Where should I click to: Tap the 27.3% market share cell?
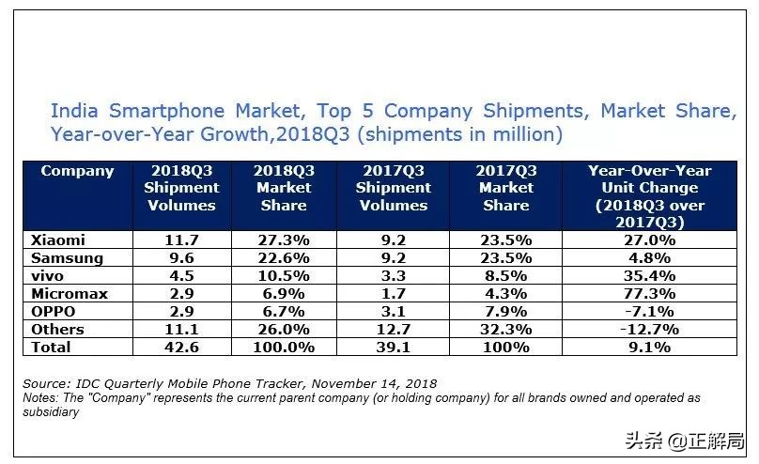[x=284, y=240]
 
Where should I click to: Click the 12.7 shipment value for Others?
[x=394, y=329]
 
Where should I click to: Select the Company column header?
[x=77, y=171]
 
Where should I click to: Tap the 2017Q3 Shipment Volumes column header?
[x=394, y=188]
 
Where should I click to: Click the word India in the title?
[x=74, y=111]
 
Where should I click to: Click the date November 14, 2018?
[x=365, y=383]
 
